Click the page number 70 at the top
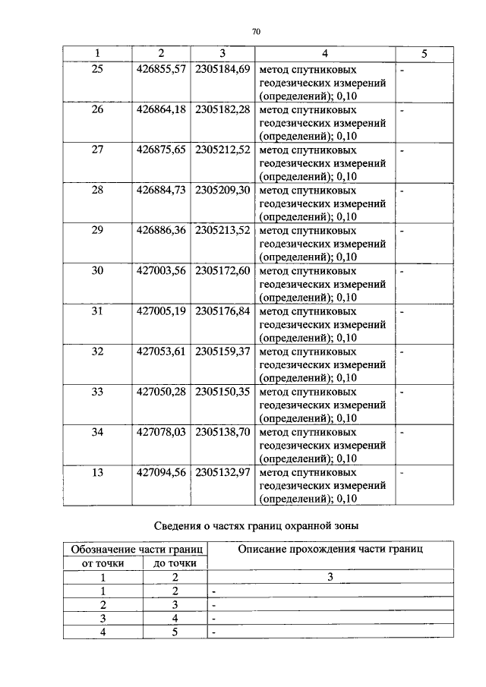[x=255, y=31]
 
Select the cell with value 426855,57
[x=161, y=69]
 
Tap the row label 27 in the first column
[x=97, y=150]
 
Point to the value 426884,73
[x=161, y=190]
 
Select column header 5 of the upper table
[x=424, y=53]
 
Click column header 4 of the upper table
[x=324, y=53]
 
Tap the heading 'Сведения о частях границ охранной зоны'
[x=255, y=524]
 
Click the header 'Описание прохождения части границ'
[x=330, y=549]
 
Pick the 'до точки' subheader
[x=175, y=563]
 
